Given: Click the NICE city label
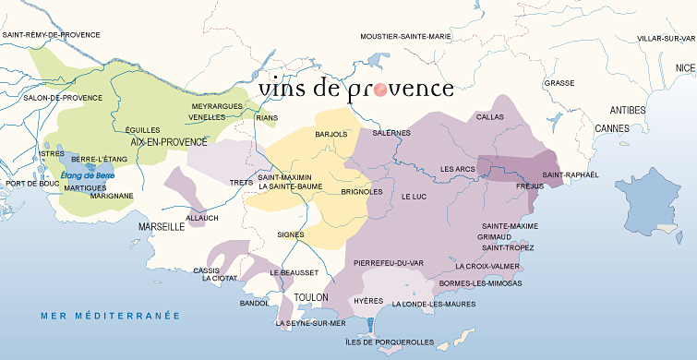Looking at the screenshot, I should (684, 68).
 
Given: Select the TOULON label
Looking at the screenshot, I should (312, 297).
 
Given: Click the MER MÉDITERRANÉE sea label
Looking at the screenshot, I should (109, 316).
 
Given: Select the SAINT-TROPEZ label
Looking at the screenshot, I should (509, 247).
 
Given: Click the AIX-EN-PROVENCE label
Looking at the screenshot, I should (169, 142).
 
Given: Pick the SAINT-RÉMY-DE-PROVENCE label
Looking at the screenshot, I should (51, 35).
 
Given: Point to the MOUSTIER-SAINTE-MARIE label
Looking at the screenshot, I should (405, 37).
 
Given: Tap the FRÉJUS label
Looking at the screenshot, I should (529, 186).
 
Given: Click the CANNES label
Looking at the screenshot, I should (611, 127).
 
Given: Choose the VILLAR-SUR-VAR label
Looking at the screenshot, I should (666, 39).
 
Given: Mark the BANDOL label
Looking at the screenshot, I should (253, 303).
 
